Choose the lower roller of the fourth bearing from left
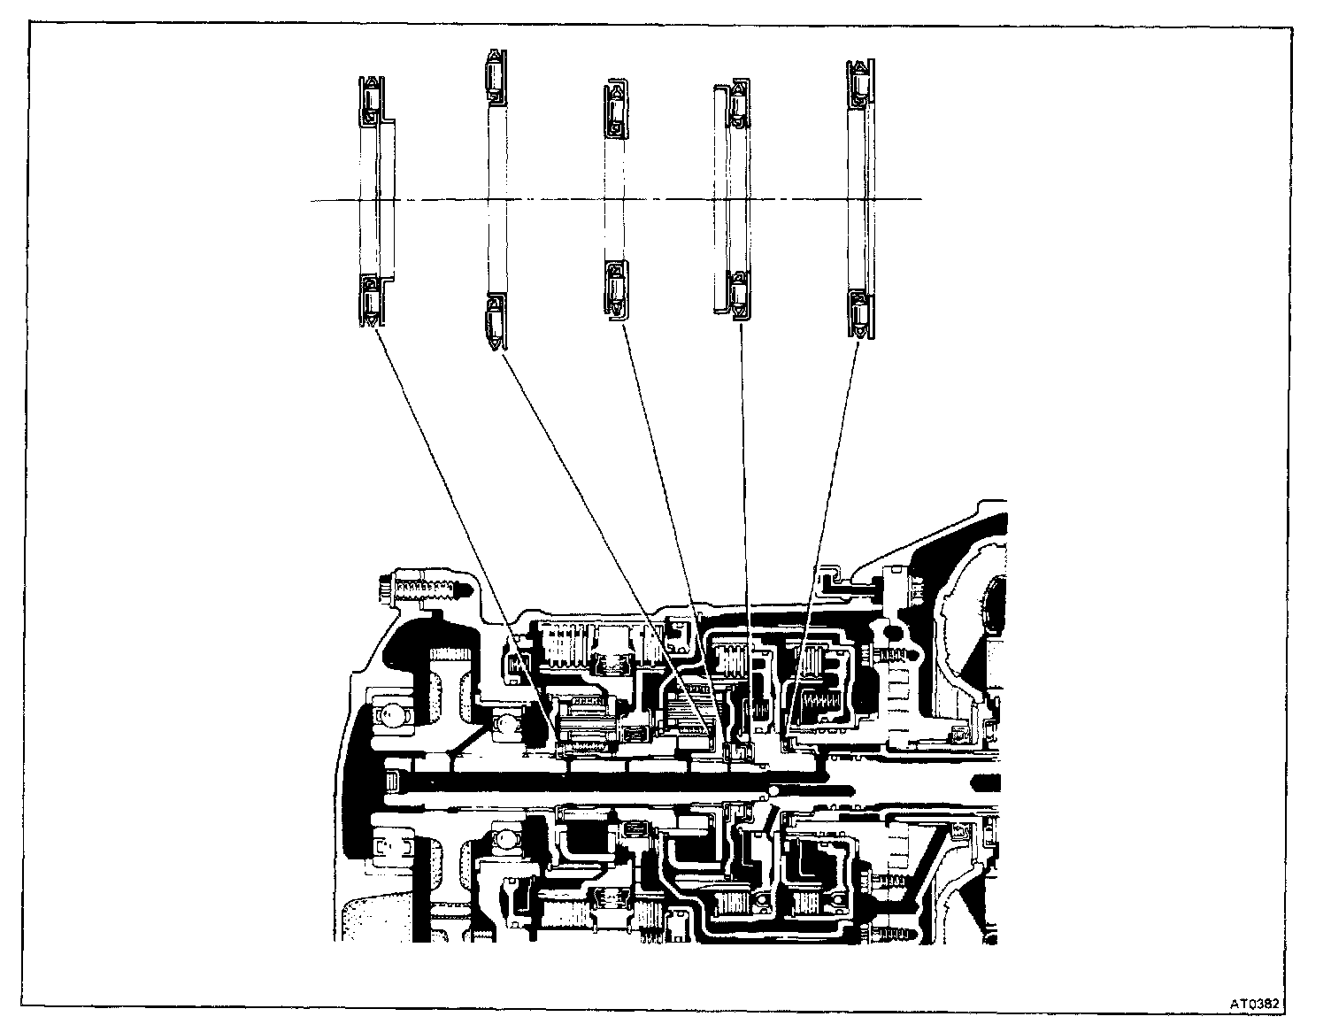pyautogui.click(x=737, y=294)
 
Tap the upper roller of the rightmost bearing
pyautogui.click(x=858, y=87)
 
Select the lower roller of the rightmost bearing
pyautogui.click(x=858, y=311)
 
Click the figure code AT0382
pyautogui.click(x=1256, y=1003)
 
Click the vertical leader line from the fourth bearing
pyautogui.click(x=744, y=531)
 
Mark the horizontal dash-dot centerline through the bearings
pyautogui.click(x=619, y=200)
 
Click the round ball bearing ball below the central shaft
pyautogui.click(x=504, y=836)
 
